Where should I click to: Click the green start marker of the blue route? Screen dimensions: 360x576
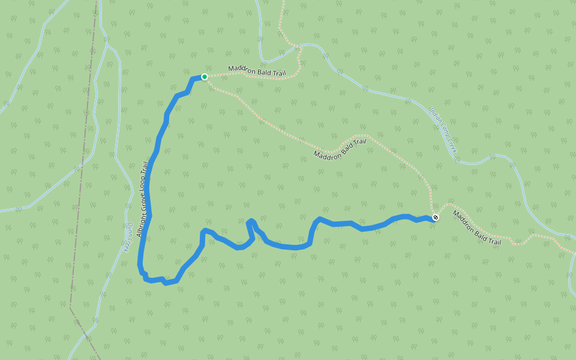click(205, 77)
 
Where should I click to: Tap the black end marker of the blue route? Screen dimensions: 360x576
click(435, 217)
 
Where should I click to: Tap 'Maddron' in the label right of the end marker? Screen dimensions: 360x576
click(464, 222)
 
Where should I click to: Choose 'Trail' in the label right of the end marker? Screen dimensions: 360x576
click(493, 239)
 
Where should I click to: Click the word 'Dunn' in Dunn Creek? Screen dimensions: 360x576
click(130, 229)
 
